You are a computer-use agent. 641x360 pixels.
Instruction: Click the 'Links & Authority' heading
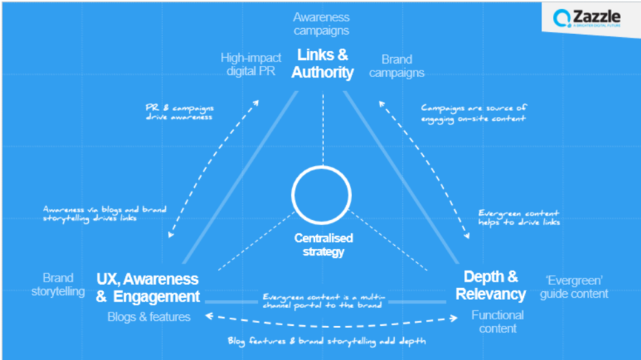322,64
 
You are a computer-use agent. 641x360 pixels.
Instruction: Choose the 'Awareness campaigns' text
321,24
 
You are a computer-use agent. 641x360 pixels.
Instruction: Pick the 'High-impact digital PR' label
250,65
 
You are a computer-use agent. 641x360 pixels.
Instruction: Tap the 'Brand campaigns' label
402,66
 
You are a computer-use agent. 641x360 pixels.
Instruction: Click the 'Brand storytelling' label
58,284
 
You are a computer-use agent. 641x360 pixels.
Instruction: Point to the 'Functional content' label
497,321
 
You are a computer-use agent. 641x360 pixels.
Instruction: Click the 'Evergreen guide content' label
574,286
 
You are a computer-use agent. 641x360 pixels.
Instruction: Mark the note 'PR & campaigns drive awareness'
179,112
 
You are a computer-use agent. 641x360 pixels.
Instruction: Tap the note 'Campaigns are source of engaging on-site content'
474,113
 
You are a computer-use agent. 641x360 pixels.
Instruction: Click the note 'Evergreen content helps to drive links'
519,218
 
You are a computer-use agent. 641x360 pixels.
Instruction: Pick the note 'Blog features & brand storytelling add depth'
326,341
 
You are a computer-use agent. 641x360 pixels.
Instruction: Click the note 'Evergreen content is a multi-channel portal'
322,301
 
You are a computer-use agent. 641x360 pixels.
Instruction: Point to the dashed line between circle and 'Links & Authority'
322,127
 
